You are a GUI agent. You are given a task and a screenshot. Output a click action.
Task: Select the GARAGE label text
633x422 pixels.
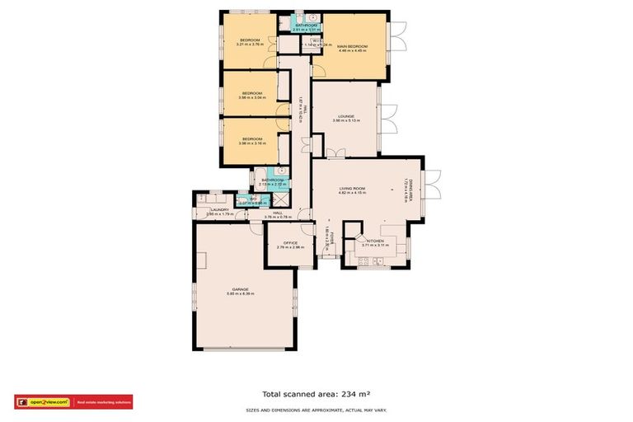click(240, 289)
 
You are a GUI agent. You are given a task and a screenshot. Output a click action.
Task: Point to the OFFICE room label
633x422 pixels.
click(291, 242)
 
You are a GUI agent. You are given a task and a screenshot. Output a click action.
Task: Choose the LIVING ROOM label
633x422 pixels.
click(352, 189)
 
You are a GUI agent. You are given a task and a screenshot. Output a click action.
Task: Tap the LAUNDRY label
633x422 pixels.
click(218, 209)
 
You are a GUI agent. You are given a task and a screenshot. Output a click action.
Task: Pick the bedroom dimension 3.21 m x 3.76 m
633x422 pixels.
click(250, 45)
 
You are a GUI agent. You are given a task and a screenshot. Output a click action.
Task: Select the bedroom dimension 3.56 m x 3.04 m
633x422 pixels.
click(251, 98)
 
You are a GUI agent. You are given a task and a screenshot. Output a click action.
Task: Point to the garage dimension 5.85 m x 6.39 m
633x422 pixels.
click(240, 294)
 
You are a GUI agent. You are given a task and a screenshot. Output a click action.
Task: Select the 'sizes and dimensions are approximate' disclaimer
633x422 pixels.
click(316, 410)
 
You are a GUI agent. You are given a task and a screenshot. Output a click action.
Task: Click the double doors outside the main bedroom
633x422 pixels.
click(399, 36)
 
